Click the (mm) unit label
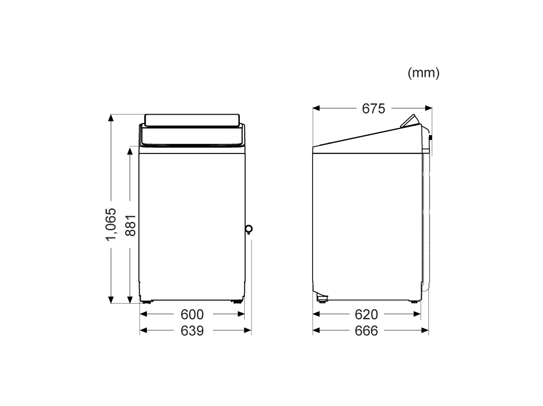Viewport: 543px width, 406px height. coord(423,73)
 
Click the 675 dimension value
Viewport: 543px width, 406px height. coord(373,108)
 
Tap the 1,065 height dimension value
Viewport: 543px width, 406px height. coord(111,224)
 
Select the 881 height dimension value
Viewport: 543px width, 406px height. coord(131,225)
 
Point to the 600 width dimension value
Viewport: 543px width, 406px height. coord(192,314)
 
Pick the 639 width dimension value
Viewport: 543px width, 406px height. coord(192,331)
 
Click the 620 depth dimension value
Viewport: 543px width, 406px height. coord(367,314)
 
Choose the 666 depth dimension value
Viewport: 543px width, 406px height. coord(367,331)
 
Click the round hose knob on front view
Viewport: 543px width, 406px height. coord(249,229)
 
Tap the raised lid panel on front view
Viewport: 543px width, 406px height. coord(192,120)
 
